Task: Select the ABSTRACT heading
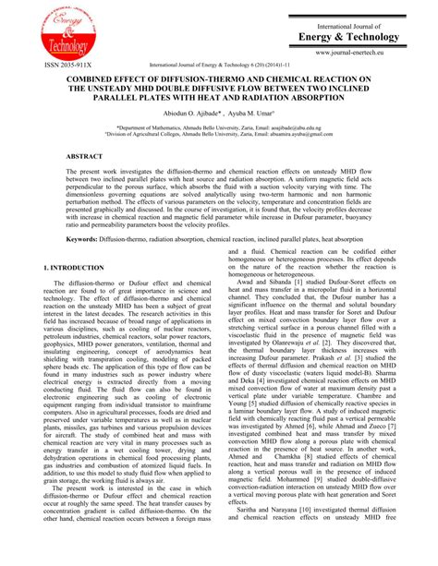(x=84, y=157)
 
